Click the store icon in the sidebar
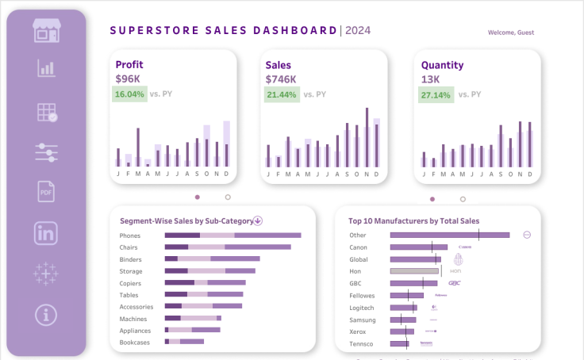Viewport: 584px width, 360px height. click(x=46, y=31)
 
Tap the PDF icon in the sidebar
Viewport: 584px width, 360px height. click(x=46, y=192)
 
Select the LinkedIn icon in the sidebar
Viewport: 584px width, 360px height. click(x=46, y=233)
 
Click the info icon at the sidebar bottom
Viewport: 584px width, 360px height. click(x=46, y=315)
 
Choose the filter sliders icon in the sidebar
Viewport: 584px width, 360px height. click(x=46, y=151)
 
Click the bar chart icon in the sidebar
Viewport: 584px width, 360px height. click(x=46, y=69)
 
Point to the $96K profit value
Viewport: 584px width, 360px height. click(x=128, y=79)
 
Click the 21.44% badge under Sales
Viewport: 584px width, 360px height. click(x=282, y=94)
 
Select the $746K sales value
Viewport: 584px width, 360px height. click(x=281, y=79)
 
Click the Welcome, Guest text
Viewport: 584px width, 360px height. click(x=511, y=33)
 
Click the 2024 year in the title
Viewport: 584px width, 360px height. click(x=357, y=31)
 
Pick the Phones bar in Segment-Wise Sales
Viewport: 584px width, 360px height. click(x=232, y=236)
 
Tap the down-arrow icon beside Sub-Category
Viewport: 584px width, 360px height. click(x=258, y=221)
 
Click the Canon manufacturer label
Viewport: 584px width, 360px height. click(x=358, y=247)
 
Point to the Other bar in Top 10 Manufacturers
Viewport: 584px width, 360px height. click(x=449, y=235)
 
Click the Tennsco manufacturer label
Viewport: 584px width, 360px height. click(x=361, y=343)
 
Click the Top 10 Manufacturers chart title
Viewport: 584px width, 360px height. click(x=413, y=221)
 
